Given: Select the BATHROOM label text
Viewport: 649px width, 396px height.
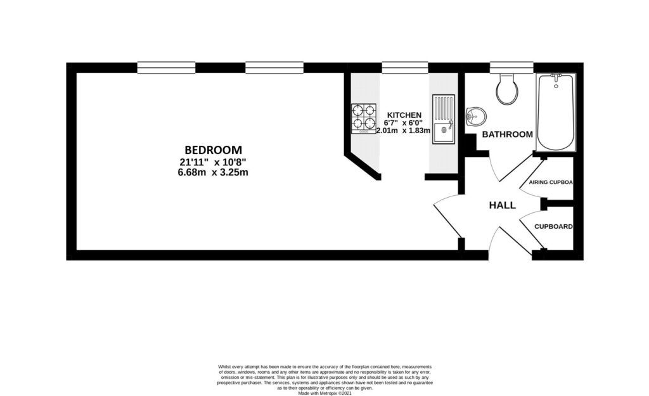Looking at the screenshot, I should point(507,134).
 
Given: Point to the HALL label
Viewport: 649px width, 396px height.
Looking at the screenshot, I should point(502,205).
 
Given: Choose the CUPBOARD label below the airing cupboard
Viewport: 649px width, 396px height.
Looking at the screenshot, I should point(553,226).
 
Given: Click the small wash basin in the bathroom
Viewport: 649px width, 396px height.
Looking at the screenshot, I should point(476,117).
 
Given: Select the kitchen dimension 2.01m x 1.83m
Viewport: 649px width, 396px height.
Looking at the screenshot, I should point(403,131).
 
